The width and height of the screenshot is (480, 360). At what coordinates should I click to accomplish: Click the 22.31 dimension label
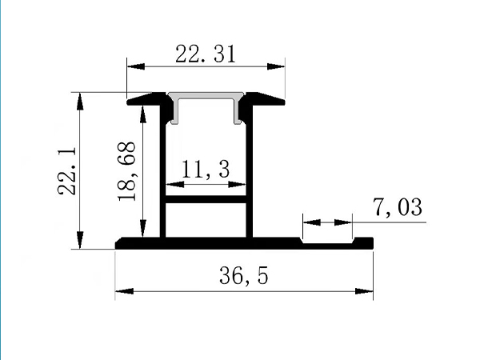(x=205, y=54)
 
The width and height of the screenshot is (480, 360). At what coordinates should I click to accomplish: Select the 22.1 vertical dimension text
(x=67, y=170)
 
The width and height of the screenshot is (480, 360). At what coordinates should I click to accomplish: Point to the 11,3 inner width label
(x=206, y=169)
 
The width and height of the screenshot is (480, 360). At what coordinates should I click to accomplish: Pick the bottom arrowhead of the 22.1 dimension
(x=80, y=242)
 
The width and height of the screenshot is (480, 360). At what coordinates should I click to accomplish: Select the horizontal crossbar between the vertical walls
(x=206, y=201)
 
